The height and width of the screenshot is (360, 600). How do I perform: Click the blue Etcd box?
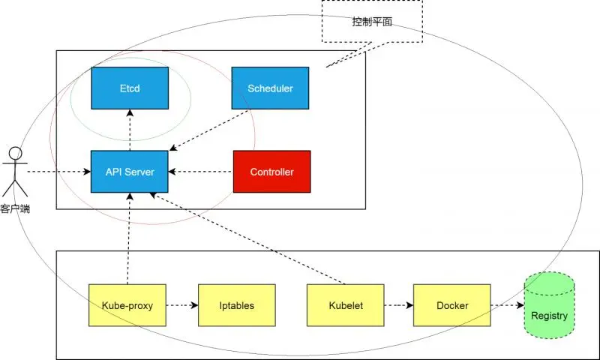click(x=130, y=89)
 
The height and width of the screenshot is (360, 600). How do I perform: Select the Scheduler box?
click(x=270, y=89)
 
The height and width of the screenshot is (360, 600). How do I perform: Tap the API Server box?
click(x=130, y=172)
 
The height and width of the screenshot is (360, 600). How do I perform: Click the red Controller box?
click(x=271, y=172)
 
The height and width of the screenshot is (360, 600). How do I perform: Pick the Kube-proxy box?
click(x=127, y=305)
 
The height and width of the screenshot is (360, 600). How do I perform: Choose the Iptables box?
click(x=236, y=305)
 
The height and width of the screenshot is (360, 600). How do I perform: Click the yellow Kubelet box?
click(x=346, y=305)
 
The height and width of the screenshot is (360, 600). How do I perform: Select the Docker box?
click(x=452, y=305)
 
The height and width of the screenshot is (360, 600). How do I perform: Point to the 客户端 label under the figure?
click(x=16, y=208)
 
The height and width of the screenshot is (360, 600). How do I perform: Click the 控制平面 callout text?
click(x=372, y=21)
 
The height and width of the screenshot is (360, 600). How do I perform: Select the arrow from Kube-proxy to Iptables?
click(x=181, y=305)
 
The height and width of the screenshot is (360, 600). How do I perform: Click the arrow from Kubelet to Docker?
click(x=398, y=305)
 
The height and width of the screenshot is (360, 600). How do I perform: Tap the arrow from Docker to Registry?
click(x=507, y=305)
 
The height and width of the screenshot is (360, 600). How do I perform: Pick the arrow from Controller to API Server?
click(x=200, y=172)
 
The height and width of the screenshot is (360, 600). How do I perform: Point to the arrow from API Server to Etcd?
click(x=130, y=129)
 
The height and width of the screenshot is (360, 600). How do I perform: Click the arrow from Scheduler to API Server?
click(x=210, y=130)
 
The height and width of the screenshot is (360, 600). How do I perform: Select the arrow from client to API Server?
click(x=58, y=172)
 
